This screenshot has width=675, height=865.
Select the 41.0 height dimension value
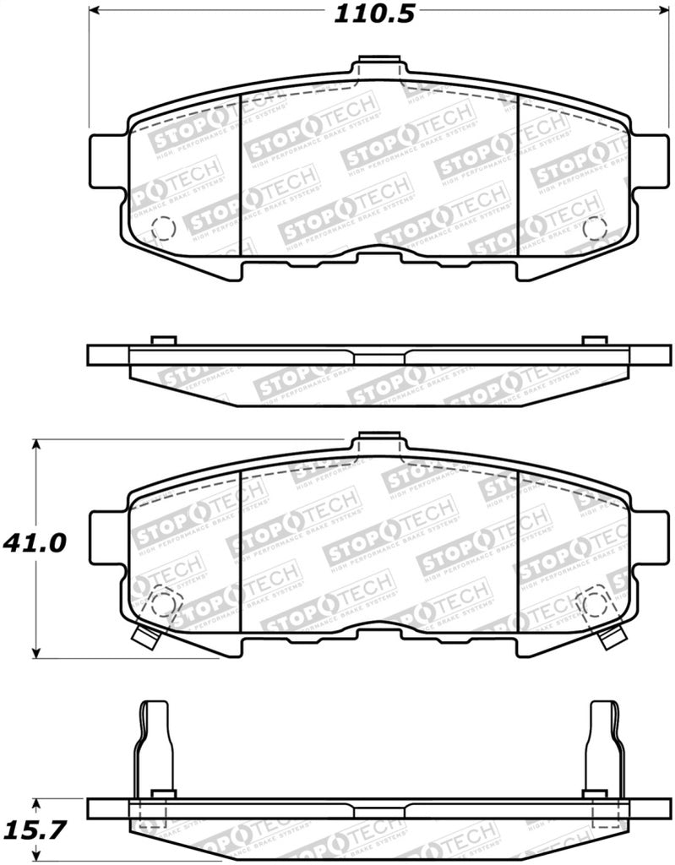pyautogui.click(x=35, y=541)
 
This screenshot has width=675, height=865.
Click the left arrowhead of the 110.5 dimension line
pyautogui.click(x=95, y=13)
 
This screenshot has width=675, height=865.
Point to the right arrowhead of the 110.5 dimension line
pyautogui.click(x=660, y=13)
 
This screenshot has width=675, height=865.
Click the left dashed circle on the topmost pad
pyautogui.click(x=161, y=228)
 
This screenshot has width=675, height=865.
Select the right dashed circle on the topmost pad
pyautogui.click(x=595, y=228)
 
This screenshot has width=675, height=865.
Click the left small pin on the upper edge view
pyautogui.click(x=162, y=340)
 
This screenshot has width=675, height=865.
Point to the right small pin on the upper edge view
pyautogui.click(x=595, y=340)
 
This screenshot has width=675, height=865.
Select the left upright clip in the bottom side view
pyautogui.click(x=155, y=743)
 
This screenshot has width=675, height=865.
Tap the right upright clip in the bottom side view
pyautogui.click(x=604, y=743)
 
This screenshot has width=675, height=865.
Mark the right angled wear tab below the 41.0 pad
pyautogui.click(x=612, y=639)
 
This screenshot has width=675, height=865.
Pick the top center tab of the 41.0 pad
pyautogui.click(x=378, y=442)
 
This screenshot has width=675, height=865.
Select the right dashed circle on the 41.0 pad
pyautogui.click(x=595, y=602)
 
